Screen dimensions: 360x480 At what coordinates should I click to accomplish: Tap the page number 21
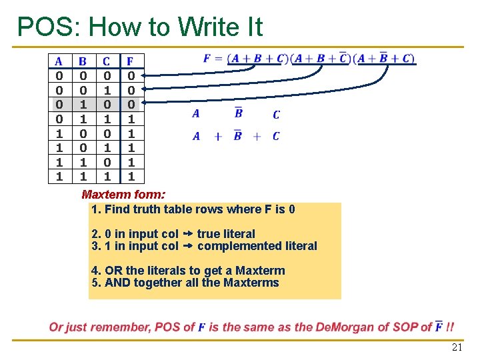pyautogui.click(x=457, y=347)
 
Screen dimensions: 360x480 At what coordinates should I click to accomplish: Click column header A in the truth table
pyautogui.click(x=59, y=62)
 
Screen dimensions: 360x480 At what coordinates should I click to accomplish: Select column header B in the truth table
pyautogui.click(x=83, y=62)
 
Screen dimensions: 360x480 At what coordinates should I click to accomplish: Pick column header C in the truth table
pyautogui.click(x=107, y=62)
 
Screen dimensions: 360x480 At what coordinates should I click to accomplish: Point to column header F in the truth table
pyautogui.click(x=131, y=62)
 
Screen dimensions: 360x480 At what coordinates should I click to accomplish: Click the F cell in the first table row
pyautogui.click(x=131, y=75)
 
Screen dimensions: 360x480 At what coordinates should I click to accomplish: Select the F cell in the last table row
pyautogui.click(x=131, y=177)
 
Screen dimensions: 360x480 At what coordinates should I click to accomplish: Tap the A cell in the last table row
pyautogui.click(x=59, y=177)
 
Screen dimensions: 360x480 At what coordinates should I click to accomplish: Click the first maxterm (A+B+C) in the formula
pyautogui.click(x=257, y=58)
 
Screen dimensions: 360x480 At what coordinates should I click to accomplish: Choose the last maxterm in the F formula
pyautogui.click(x=385, y=58)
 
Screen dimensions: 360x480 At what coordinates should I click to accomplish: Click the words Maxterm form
pyautogui.click(x=123, y=195)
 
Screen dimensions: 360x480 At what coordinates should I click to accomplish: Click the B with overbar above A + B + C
pyautogui.click(x=238, y=113)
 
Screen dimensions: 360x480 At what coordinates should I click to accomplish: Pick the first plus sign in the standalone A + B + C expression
pyautogui.click(x=217, y=137)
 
